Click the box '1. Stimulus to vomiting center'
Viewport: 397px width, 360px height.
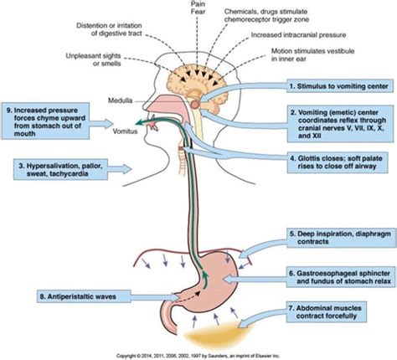coord(335,86)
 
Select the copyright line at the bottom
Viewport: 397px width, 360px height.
coord(199,354)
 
